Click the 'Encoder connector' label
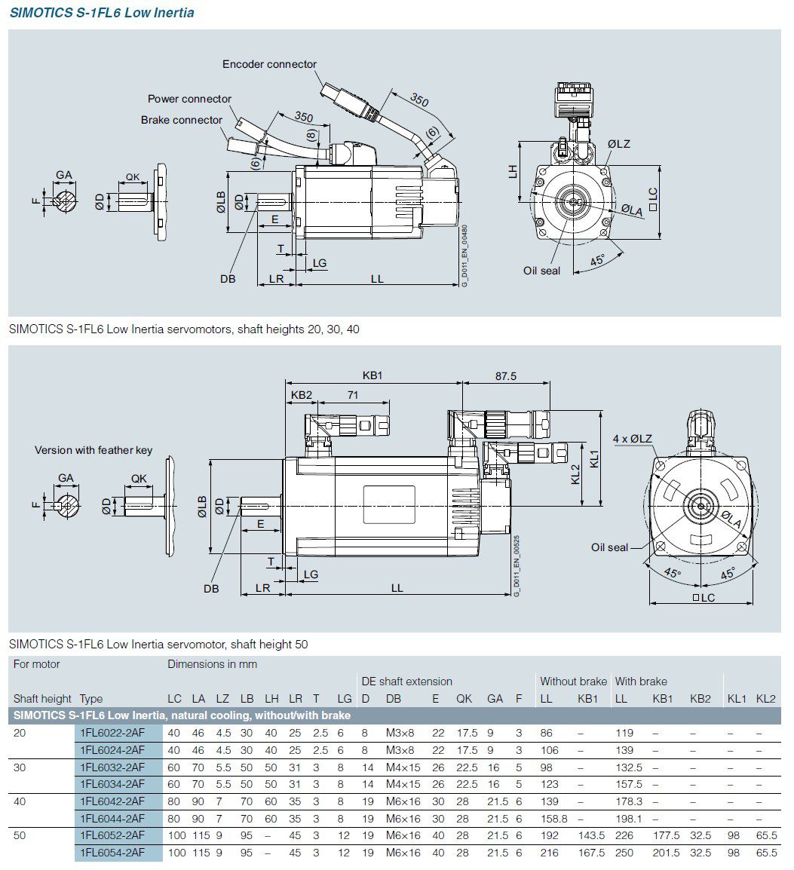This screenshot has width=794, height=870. click(269, 65)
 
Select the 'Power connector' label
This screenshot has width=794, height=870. click(189, 100)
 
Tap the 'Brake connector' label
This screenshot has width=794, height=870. click(181, 121)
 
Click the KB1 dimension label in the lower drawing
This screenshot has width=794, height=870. click(372, 375)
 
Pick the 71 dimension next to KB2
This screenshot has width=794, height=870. click(353, 395)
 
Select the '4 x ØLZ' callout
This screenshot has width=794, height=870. click(633, 439)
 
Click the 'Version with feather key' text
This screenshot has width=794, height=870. click(94, 450)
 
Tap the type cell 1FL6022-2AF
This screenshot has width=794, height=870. click(112, 733)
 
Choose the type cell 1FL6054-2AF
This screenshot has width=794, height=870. click(112, 853)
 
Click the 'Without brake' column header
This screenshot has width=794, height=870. click(573, 682)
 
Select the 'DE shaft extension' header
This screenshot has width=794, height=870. click(406, 682)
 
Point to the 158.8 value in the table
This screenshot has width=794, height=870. click(553, 819)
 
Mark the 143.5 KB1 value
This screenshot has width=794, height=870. click(591, 836)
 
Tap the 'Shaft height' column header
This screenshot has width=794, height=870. click(42, 699)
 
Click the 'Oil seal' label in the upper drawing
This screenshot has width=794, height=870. click(541, 271)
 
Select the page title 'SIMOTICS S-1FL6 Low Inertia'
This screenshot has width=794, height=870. click(102, 13)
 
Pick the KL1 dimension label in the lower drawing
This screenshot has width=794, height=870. click(595, 458)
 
